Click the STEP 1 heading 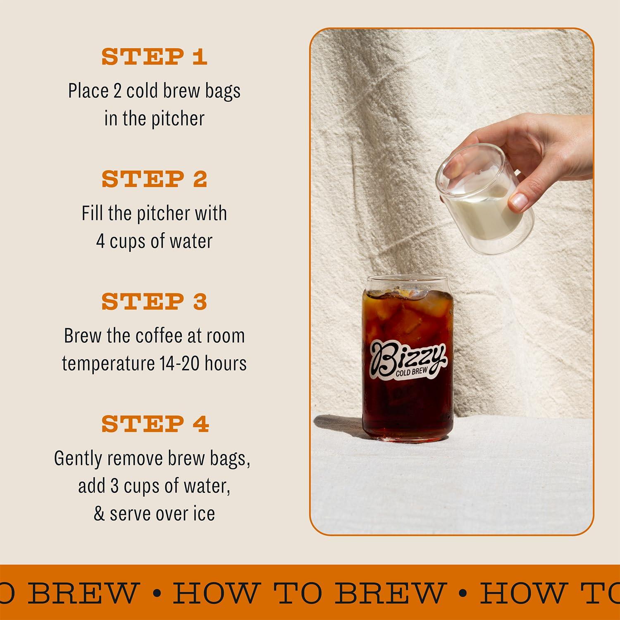(x=154, y=57)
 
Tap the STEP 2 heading (x=154, y=179)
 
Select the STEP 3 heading (x=154, y=301)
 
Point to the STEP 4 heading (x=155, y=424)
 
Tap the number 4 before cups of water (x=100, y=241)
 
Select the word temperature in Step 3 (x=108, y=363)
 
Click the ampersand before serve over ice (x=99, y=514)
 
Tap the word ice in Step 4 (x=204, y=514)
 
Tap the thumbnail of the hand (x=519, y=201)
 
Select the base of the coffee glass (x=408, y=438)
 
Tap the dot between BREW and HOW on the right (x=463, y=592)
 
